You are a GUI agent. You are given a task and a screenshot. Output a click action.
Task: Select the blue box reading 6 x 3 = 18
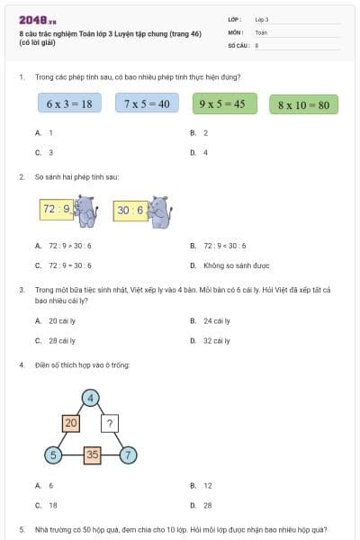[x=69, y=103]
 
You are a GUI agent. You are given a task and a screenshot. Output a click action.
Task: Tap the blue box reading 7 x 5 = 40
[x=147, y=103]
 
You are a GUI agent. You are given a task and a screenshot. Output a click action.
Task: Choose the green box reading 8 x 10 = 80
[x=303, y=104]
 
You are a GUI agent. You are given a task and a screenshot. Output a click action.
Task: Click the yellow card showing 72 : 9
[x=55, y=210]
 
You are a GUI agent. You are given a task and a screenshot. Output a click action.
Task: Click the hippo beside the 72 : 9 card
[x=85, y=211]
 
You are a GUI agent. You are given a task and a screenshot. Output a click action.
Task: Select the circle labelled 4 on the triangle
[x=90, y=397]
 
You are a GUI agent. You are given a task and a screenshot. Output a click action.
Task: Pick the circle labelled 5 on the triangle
[x=53, y=454]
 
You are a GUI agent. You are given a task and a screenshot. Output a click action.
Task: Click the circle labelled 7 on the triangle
[x=129, y=454]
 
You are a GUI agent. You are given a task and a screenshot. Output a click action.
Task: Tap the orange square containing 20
[x=71, y=422]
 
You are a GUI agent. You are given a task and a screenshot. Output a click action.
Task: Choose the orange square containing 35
[x=91, y=454]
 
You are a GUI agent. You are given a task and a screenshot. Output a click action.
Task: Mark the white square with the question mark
[x=110, y=422]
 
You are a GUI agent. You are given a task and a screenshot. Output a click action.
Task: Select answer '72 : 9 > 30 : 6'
[x=68, y=246]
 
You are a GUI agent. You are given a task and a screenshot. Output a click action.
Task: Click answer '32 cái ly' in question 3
[x=216, y=341]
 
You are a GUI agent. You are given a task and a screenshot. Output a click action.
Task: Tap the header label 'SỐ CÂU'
[x=238, y=43]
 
